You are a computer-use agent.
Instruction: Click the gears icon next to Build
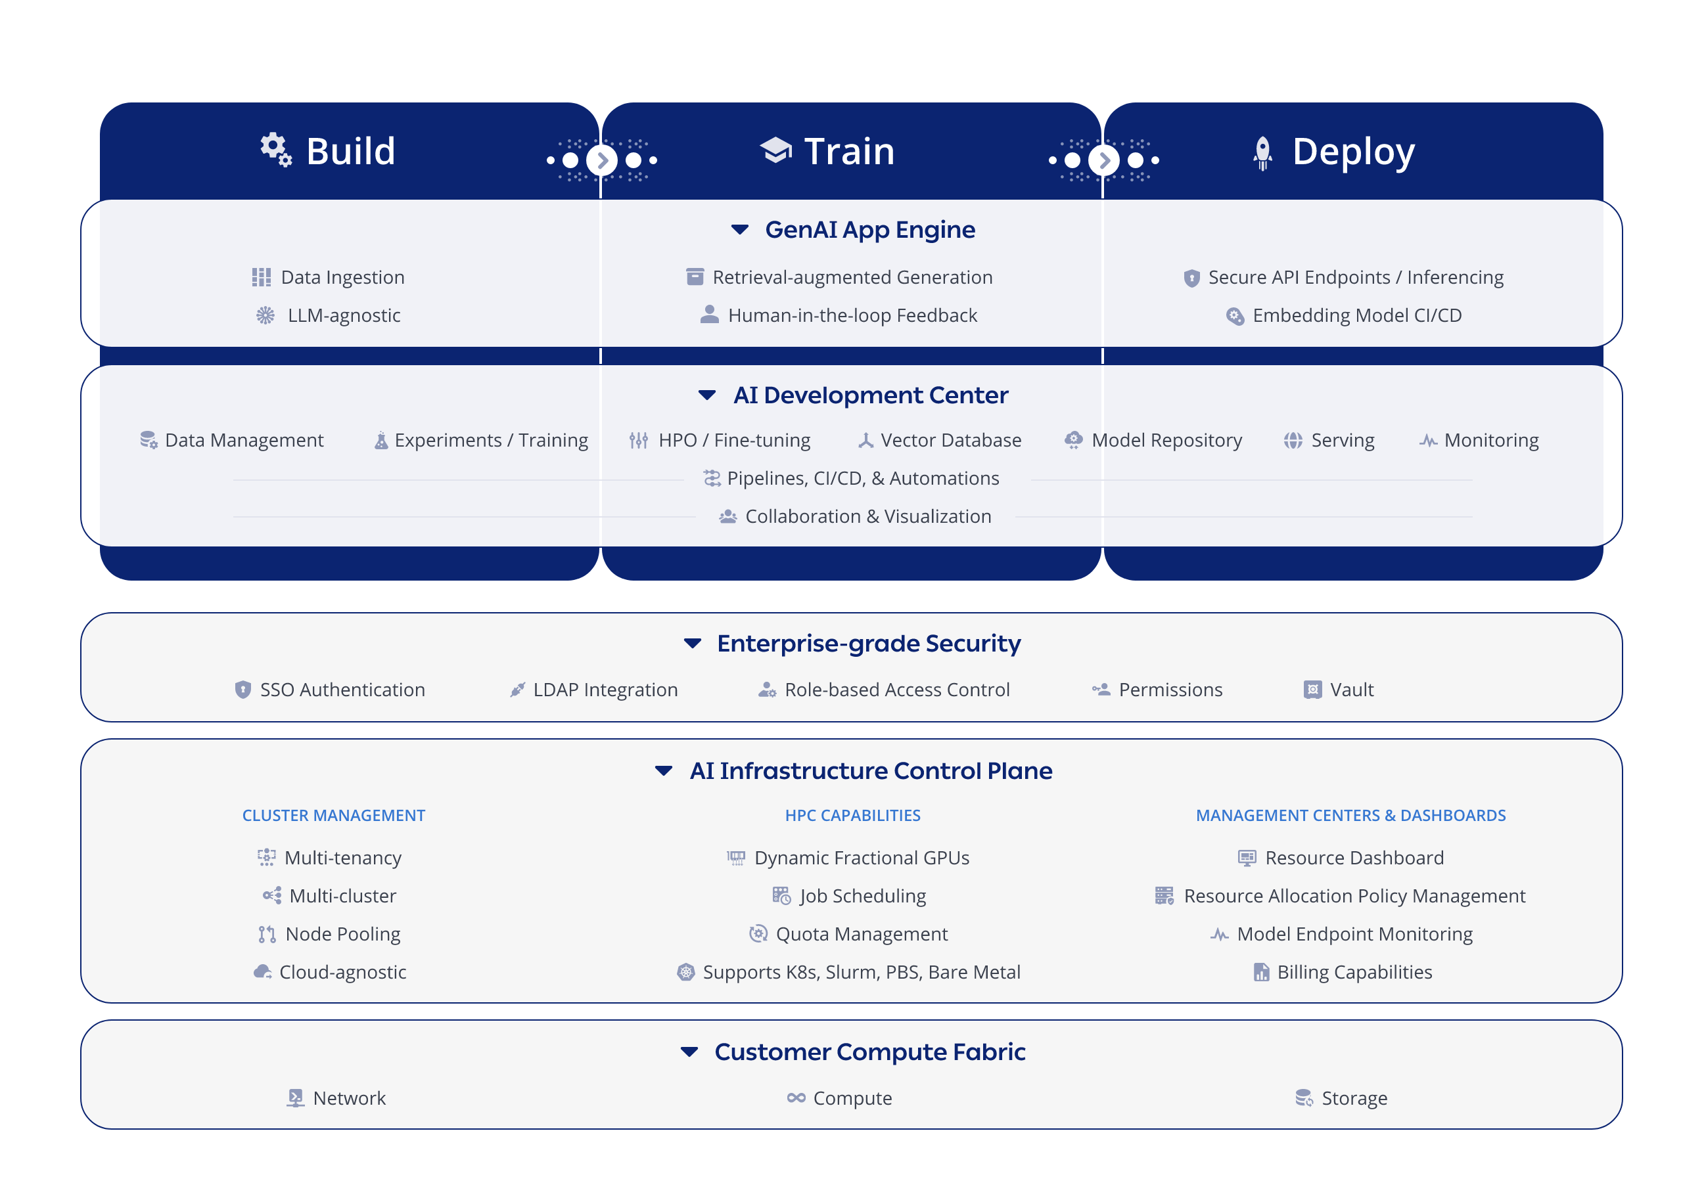[x=275, y=149]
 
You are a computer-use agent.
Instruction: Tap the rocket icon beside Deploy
[x=1262, y=153]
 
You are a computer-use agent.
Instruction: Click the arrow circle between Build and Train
[x=602, y=160]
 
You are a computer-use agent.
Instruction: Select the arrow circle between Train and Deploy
[x=1103, y=160]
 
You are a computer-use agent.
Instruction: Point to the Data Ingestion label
[x=342, y=277]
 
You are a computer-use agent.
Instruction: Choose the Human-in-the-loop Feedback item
[x=852, y=316]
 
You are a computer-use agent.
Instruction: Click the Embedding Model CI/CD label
[x=1357, y=316]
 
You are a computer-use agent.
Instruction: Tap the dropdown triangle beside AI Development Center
[x=706, y=395]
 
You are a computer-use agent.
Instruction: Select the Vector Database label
[x=950, y=441]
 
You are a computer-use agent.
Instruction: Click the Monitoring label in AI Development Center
[x=1490, y=441]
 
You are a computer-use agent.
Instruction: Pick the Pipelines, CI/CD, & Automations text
[x=863, y=478]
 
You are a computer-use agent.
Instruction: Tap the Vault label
[x=1351, y=690]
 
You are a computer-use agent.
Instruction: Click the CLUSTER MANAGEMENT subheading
[x=334, y=816]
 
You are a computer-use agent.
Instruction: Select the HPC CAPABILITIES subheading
[x=852, y=816]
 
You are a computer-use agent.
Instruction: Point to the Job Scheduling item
[x=863, y=897]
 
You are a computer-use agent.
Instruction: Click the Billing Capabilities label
[x=1354, y=972]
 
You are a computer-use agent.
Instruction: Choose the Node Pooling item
[x=342, y=935]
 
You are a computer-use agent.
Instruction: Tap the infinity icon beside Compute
[x=796, y=1098]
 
